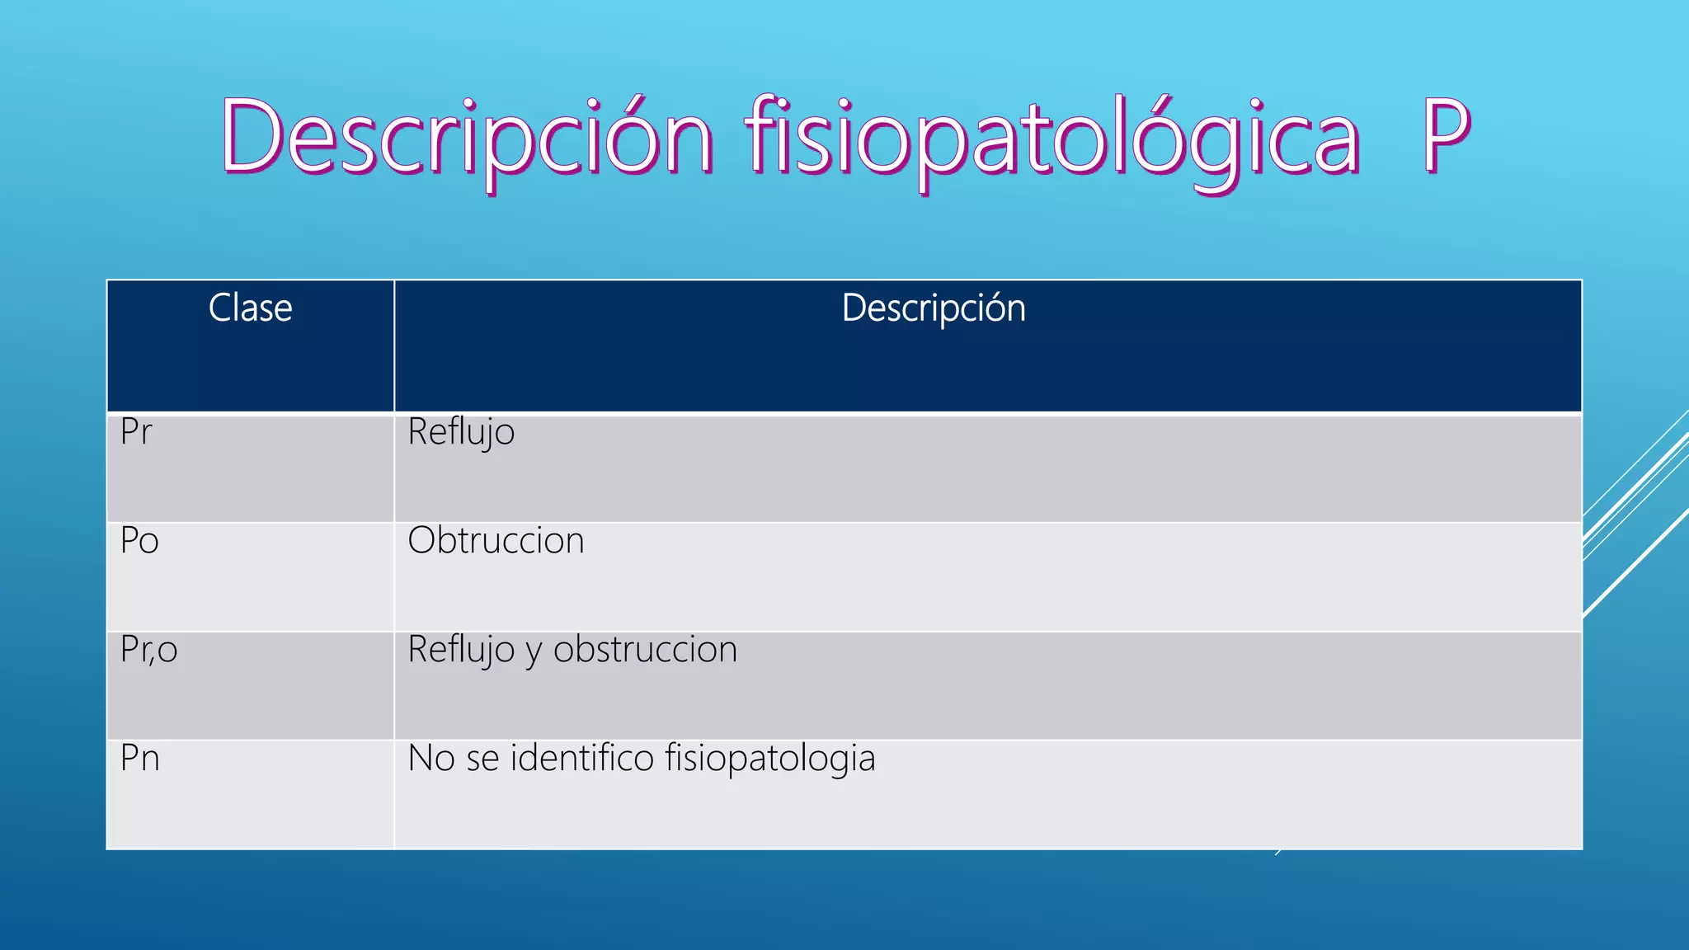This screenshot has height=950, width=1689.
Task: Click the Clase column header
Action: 250,308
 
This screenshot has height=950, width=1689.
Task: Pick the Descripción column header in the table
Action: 934,308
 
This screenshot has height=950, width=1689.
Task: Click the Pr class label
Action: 136,432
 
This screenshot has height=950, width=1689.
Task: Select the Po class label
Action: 139,541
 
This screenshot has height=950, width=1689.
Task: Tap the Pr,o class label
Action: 148,650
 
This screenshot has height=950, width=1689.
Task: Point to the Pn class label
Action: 139,759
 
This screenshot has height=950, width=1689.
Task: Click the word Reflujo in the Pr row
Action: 461,433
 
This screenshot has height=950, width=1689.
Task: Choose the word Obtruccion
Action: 496,541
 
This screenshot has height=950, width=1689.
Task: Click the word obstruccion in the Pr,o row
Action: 645,650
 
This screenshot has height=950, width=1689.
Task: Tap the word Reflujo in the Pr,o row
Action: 461,650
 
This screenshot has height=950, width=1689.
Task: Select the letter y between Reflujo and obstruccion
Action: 534,653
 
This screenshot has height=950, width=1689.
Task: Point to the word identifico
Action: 582,759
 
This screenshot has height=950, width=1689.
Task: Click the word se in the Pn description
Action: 482,760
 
